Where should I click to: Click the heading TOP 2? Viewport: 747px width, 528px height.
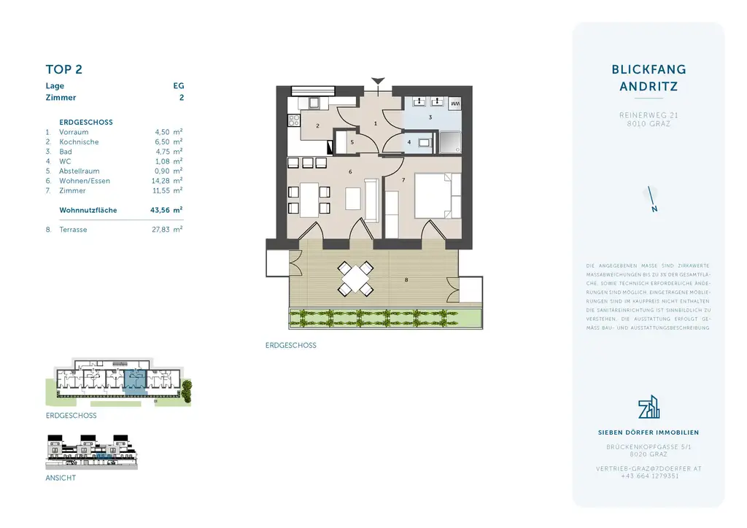tap(63, 69)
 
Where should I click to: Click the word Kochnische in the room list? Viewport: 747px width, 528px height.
tap(79, 142)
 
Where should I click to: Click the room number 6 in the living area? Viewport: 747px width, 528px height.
tap(351, 172)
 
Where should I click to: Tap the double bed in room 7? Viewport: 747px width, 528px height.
tap(437, 195)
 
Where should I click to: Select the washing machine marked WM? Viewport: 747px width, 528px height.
tap(454, 104)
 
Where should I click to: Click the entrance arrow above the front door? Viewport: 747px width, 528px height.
tap(377, 81)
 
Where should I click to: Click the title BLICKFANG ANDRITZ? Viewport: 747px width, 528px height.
tap(649, 78)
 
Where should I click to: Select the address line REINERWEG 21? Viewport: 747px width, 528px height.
tap(649, 115)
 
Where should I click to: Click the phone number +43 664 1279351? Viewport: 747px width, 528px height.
tap(649, 476)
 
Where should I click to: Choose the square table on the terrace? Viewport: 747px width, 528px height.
tap(357, 278)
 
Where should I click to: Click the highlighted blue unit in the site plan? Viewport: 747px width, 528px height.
tap(135, 381)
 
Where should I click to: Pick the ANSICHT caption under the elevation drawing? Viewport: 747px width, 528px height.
tap(61, 478)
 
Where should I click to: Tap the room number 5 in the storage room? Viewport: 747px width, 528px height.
tap(352, 142)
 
